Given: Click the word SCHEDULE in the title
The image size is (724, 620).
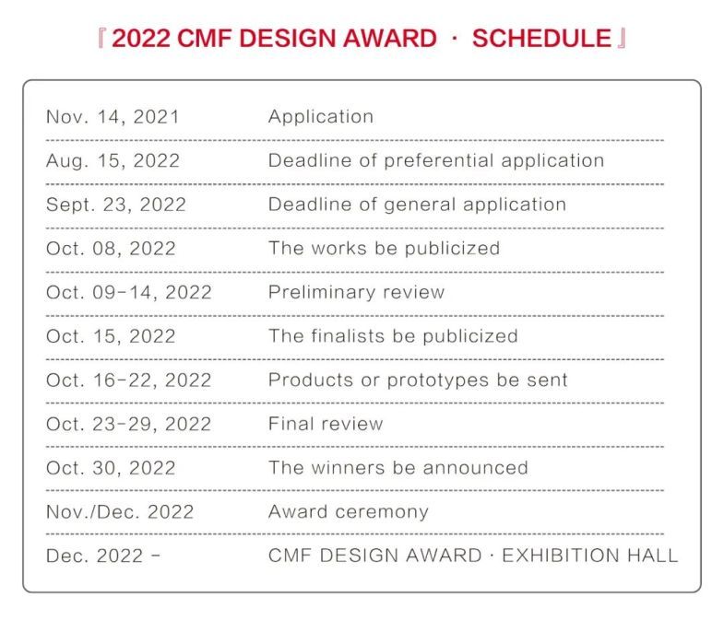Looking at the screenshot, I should (541, 39).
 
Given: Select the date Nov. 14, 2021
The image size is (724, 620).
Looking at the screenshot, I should (113, 117).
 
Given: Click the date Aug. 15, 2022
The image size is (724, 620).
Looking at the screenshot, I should (113, 160).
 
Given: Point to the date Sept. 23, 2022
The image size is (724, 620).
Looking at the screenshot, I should (116, 205).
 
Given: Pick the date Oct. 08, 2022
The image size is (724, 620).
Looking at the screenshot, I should (111, 249).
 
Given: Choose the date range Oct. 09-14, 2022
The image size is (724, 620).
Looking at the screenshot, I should (129, 293).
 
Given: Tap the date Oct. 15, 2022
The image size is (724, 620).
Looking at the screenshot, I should (111, 336).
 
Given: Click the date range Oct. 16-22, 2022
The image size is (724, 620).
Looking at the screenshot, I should (129, 380).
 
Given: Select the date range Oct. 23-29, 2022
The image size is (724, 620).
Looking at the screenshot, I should (129, 425).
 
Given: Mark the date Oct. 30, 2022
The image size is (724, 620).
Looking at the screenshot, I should (111, 468).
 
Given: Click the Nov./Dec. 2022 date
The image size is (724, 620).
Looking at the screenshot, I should (120, 512).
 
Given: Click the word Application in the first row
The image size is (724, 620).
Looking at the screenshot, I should (321, 117).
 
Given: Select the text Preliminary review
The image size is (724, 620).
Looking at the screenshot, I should (356, 293).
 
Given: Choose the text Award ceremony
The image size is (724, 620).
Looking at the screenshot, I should (348, 512).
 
